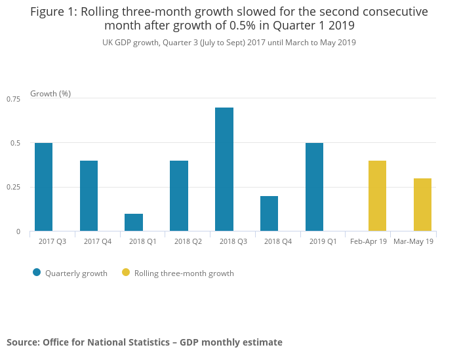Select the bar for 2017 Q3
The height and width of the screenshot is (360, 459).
[x=43, y=187]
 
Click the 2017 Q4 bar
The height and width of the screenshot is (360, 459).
[x=89, y=196]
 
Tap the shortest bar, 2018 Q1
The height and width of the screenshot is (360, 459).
[x=134, y=222]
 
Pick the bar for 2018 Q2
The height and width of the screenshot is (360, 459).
[x=179, y=196]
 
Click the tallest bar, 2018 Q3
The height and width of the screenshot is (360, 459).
[x=224, y=169]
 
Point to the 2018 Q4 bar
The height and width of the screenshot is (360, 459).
[x=269, y=214]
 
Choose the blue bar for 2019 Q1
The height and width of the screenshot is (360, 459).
[x=314, y=187]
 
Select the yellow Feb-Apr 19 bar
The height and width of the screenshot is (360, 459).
[x=377, y=196]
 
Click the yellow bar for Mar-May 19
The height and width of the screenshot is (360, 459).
[x=422, y=205]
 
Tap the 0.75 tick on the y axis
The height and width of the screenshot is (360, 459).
[x=14, y=99]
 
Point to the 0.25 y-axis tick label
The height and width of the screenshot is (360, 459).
[x=14, y=188]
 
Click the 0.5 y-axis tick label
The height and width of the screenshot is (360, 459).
[x=16, y=143]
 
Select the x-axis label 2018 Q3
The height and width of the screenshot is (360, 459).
[x=233, y=242]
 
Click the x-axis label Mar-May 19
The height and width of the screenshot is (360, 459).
[x=413, y=242]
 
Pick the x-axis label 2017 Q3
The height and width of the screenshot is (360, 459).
[x=52, y=242]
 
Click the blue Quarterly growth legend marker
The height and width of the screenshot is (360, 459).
[x=37, y=273]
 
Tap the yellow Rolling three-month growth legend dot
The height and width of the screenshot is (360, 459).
[x=126, y=273]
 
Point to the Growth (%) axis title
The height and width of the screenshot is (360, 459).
[x=50, y=94]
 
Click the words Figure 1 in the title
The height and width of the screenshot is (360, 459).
[x=53, y=12]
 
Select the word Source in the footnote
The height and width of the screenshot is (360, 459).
[x=22, y=342]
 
